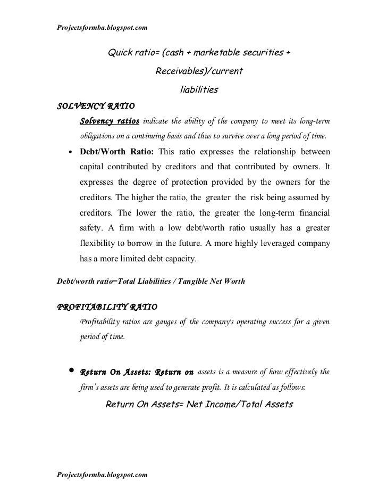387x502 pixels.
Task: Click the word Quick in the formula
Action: (122, 53)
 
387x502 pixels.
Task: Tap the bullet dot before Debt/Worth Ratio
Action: (71, 151)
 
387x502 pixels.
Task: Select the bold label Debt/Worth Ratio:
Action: (116, 150)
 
